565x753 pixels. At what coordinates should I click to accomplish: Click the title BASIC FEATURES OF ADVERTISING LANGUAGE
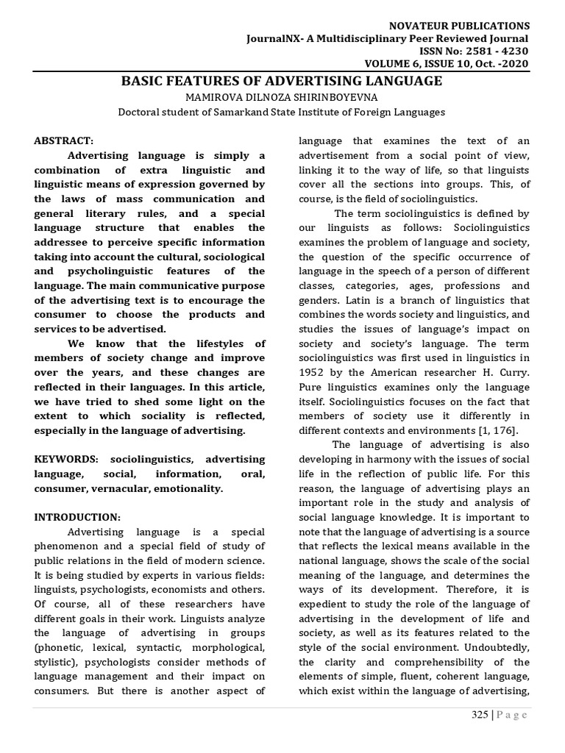pos(282,81)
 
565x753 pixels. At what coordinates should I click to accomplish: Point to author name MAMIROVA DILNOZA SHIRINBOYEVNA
pos(282,97)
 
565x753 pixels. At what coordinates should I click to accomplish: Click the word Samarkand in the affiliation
pos(236,112)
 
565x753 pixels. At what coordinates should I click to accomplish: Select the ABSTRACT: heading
pos(64,140)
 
